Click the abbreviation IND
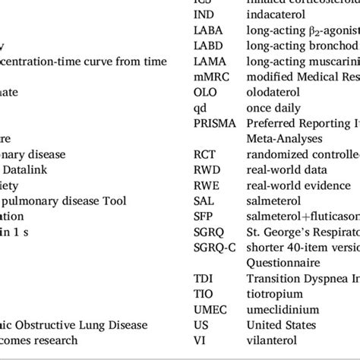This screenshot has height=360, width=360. click(x=203, y=14)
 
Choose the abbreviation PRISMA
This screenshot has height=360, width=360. click(x=215, y=122)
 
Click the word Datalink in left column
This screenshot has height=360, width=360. click(x=31, y=169)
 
